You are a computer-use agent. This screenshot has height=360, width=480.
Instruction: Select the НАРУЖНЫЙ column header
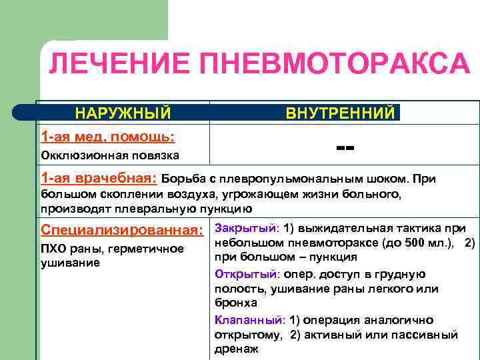[x=122, y=112]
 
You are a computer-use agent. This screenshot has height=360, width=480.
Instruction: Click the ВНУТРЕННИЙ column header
[x=340, y=113]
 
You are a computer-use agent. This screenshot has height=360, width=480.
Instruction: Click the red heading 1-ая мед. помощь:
[x=108, y=137]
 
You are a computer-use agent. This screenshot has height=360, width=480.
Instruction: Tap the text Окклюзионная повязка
[x=110, y=155]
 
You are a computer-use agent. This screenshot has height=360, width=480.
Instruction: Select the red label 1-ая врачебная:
[x=99, y=179]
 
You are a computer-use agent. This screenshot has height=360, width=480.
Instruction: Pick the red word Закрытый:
[x=247, y=228]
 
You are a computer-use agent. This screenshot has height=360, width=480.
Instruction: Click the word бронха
[x=235, y=303]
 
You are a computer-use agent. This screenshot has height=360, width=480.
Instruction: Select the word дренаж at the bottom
[x=237, y=348]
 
